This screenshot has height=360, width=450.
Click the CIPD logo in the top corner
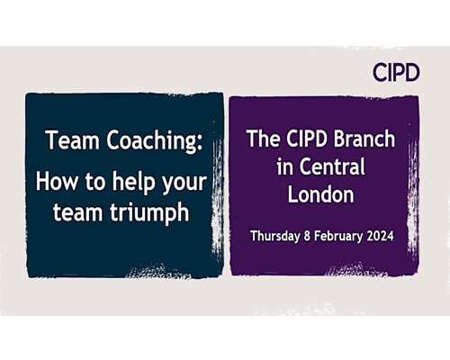[x=396, y=72]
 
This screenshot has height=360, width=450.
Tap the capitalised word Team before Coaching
[x=73, y=139]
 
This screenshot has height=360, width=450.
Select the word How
[x=56, y=182]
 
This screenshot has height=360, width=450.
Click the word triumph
[x=149, y=213]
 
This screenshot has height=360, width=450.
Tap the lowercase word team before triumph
[x=78, y=212]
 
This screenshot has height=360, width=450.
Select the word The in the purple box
[x=263, y=139]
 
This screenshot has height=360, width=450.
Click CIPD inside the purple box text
[x=307, y=139]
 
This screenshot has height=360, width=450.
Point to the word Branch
[x=364, y=139]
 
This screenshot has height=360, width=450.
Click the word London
[x=321, y=194]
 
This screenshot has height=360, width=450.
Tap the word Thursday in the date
[x=275, y=236]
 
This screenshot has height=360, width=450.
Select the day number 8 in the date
[x=307, y=236]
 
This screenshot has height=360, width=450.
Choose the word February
[x=338, y=237]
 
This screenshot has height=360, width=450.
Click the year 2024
[x=380, y=236]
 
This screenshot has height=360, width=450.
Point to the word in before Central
[x=285, y=166]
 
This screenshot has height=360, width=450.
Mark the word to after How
[x=94, y=183]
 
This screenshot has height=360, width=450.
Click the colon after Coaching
[x=199, y=144]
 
